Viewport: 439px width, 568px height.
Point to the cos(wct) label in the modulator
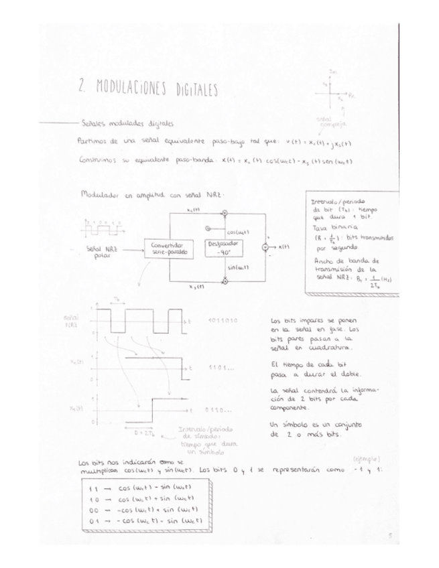coord(238,231)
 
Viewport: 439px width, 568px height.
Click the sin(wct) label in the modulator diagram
coord(238,267)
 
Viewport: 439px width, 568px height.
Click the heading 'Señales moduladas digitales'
coord(127,123)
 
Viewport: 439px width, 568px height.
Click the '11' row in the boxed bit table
coord(143,490)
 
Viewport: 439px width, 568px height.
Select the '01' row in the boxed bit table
coord(143,520)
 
